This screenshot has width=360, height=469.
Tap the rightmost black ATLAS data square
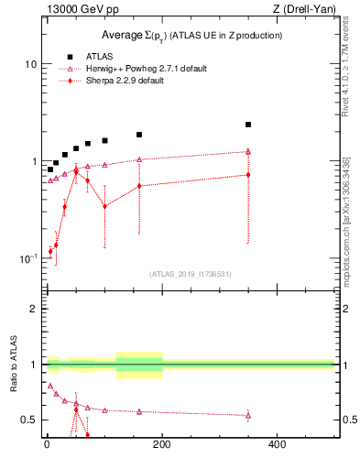pyautogui.click(x=248, y=125)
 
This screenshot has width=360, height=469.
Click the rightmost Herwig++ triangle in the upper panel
pyautogui.click(x=248, y=152)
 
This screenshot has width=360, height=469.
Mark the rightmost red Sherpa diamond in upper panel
pyautogui.click(x=248, y=174)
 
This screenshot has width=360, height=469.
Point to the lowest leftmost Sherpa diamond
pyautogui.click(x=50, y=250)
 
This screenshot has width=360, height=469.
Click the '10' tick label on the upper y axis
pyautogui.click(x=29, y=65)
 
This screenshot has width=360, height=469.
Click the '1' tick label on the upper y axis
pyautogui.click(x=32, y=162)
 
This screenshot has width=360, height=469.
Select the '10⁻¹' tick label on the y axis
pyautogui.click(x=27, y=259)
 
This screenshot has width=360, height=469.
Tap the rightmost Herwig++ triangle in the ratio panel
pyautogui.click(x=248, y=415)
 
